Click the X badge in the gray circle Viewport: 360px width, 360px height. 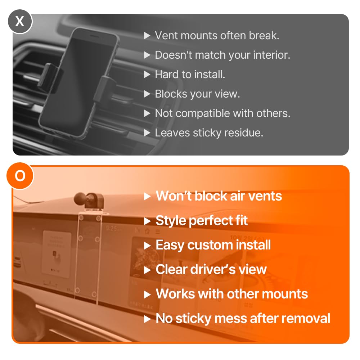coord(20,21)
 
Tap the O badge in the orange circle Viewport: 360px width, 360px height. coord(20,176)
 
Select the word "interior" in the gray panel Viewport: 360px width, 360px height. coord(271,55)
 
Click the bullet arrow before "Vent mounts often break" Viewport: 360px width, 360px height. coord(147,36)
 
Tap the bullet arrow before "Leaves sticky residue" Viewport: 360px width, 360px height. coord(147,133)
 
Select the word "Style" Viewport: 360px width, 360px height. coord(171,220)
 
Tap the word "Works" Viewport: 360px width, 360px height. coord(175,294)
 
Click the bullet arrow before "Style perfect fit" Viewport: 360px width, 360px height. coord(147,221)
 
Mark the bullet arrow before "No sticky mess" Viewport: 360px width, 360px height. coord(147,319)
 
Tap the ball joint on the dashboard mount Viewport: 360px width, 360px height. coord(81,199)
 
